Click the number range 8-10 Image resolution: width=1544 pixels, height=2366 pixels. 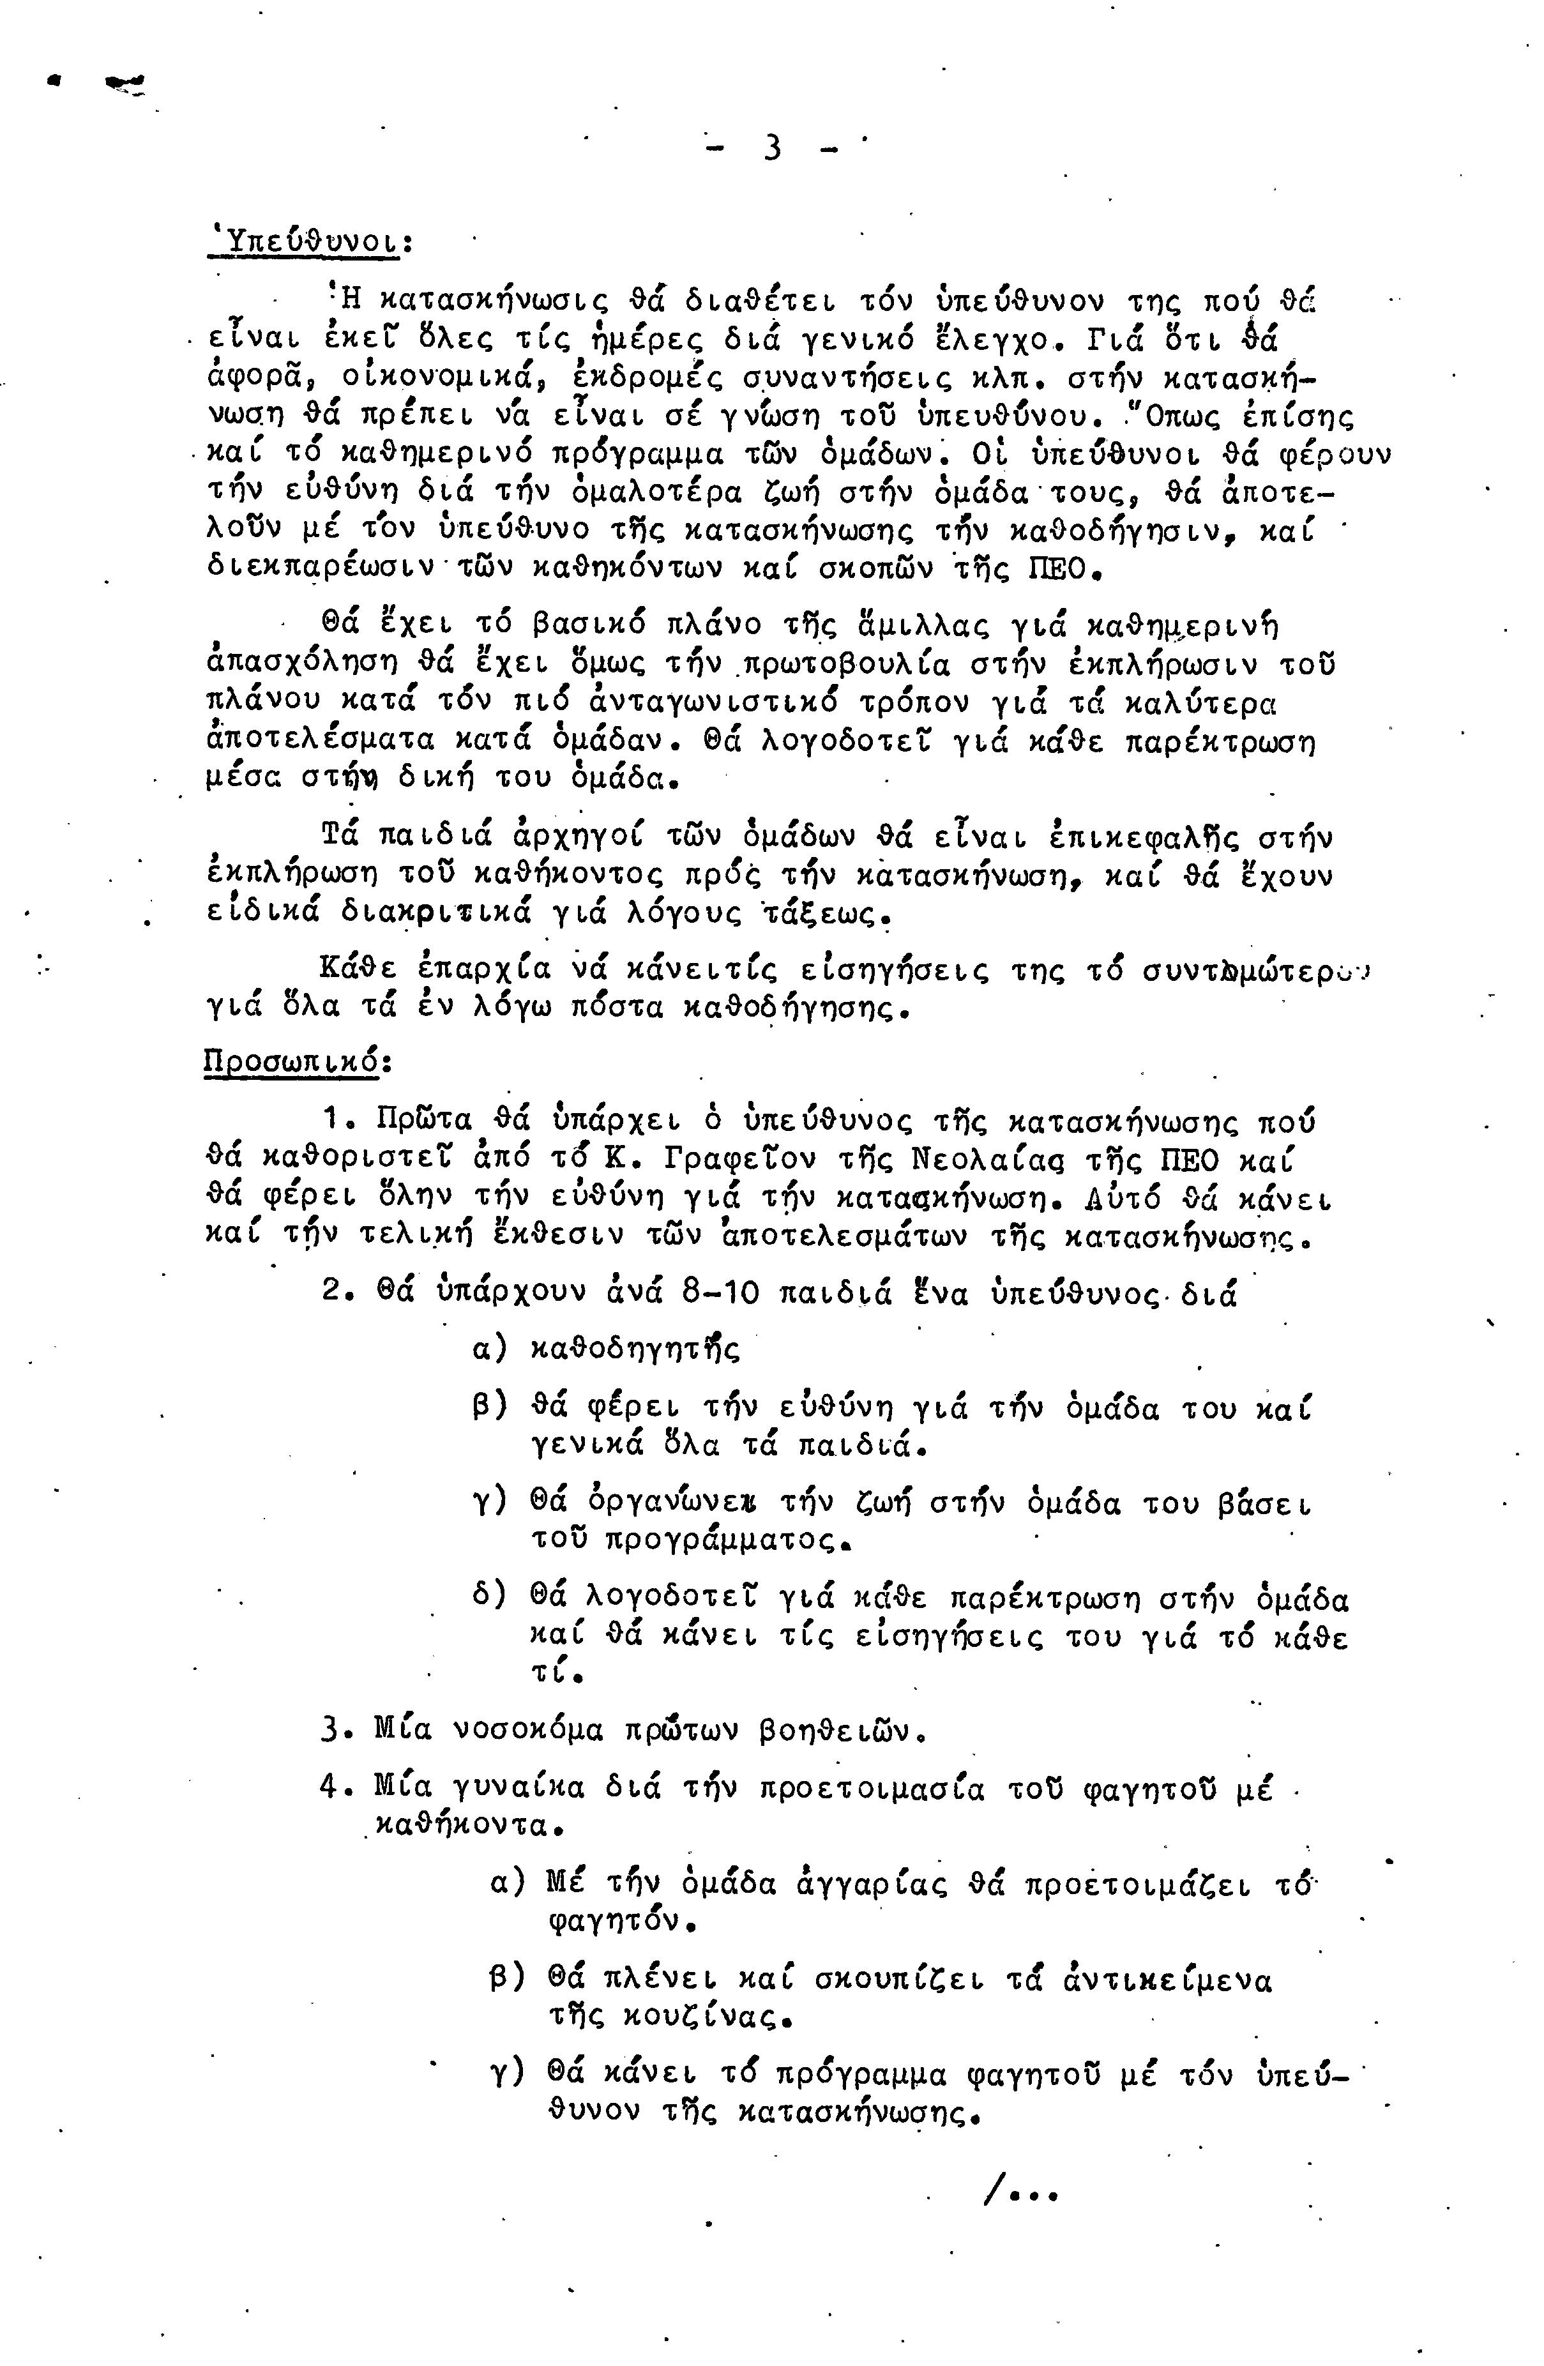[x=721, y=1295]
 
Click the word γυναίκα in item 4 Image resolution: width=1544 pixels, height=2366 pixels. [x=519, y=1787]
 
